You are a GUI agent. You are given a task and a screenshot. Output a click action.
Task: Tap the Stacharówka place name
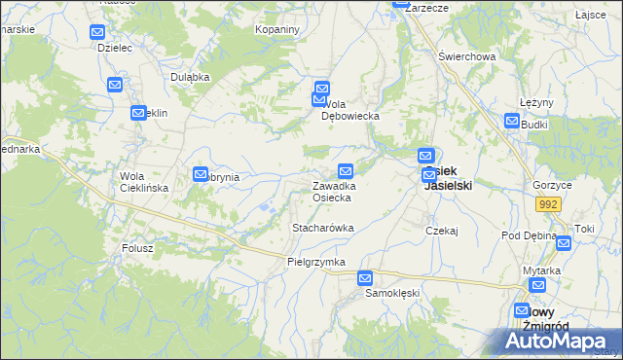(x=322, y=228)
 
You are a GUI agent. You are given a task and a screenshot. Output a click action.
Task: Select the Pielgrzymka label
(x=316, y=263)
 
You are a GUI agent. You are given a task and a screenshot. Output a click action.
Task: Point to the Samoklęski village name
(x=391, y=293)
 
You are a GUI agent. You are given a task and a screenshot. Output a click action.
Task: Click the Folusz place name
(x=137, y=248)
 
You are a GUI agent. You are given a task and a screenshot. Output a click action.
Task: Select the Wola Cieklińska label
(x=144, y=182)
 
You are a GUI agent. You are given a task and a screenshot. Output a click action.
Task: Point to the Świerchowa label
(x=466, y=56)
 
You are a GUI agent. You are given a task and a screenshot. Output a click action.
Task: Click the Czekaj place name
(x=442, y=231)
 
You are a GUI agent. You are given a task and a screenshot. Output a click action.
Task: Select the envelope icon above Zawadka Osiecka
(x=346, y=171)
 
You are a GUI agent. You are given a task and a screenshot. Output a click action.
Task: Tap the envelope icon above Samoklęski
(x=365, y=277)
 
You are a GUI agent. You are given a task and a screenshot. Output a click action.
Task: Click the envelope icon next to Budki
(x=513, y=121)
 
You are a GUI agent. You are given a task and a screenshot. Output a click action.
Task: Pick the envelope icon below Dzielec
(x=115, y=86)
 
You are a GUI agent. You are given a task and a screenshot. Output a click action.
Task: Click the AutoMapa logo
(x=558, y=341)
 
